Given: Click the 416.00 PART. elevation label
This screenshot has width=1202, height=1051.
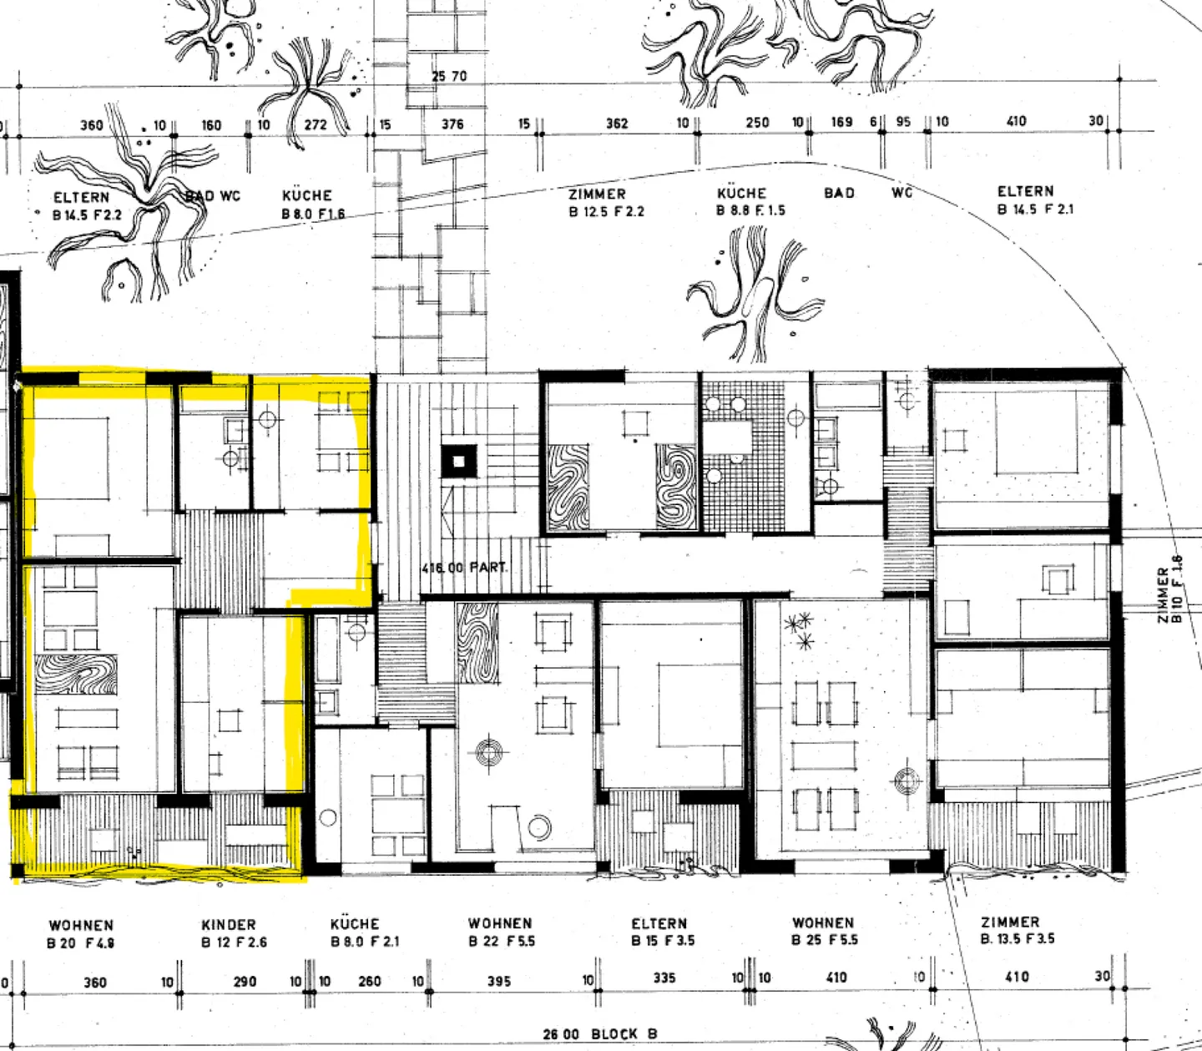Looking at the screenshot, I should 465,568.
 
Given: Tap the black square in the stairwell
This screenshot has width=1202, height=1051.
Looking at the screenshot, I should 458,461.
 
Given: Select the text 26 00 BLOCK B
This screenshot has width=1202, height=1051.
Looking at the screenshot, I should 599,1033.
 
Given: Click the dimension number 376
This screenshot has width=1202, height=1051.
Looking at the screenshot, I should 452,124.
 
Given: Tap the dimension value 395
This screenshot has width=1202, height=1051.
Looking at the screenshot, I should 499,981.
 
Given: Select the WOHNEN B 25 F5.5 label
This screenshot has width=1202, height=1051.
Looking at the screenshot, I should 824,931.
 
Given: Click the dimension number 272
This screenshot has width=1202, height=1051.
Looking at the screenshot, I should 316,125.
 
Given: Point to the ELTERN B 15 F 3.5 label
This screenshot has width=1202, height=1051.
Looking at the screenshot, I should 662,932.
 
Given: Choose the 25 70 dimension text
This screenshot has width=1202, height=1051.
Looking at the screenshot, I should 449,76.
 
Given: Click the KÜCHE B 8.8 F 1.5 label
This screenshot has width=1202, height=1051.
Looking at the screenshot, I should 750,202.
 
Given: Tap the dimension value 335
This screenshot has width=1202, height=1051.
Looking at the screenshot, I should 664,978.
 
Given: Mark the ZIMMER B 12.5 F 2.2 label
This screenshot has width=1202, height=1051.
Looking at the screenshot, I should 606,203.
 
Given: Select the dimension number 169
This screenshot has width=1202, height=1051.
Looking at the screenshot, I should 841,122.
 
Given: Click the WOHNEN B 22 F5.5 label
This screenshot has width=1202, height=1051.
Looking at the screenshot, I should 501,932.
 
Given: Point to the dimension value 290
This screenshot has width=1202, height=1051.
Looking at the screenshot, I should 245,981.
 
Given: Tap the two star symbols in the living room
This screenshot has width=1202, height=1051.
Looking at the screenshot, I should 800,630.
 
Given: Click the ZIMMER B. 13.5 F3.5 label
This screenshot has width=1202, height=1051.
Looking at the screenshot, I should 1017,930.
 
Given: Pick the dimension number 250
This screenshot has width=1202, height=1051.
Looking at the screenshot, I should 757,123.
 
